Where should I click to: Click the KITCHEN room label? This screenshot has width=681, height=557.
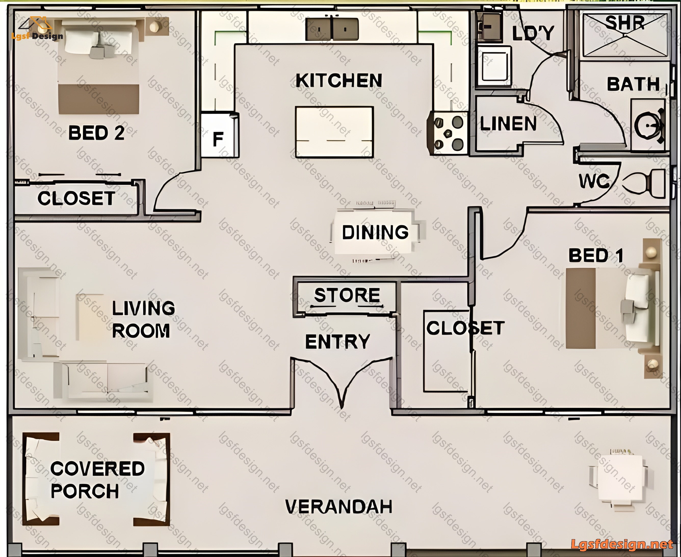[339, 81]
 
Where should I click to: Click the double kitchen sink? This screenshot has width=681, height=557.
[332, 29]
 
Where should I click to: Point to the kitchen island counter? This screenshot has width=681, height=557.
[334, 132]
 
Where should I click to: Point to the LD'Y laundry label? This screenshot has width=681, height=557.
[533, 33]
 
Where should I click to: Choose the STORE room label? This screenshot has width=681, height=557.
[347, 295]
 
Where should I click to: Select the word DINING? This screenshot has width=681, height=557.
[375, 232]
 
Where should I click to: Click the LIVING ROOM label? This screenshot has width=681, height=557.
[143, 319]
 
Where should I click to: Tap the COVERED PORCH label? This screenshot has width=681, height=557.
[97, 480]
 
